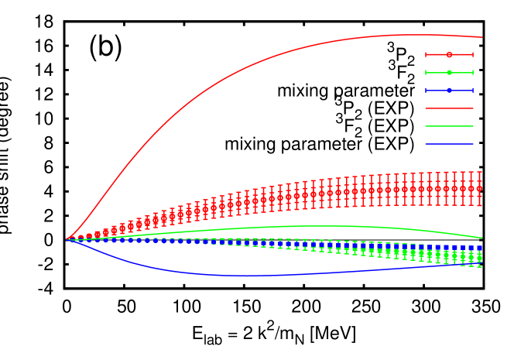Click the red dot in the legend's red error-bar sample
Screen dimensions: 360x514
click(449, 55)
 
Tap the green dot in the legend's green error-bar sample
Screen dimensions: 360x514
click(449, 73)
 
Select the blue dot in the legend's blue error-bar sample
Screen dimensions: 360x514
click(449, 91)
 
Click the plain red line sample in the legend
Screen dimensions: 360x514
click(449, 108)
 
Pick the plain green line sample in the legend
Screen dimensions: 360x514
click(449, 126)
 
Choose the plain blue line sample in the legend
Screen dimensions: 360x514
click(449, 144)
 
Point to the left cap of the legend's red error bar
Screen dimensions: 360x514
click(426, 55)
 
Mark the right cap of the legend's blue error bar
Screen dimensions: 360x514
click(472, 91)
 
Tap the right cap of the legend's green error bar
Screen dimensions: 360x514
click(472, 73)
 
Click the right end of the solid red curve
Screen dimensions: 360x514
click(482, 37)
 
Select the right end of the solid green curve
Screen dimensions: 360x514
click(482, 238)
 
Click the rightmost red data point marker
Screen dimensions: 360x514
click(479, 188)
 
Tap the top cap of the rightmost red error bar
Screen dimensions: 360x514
click(479, 172)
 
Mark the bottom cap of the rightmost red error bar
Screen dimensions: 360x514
click(479, 205)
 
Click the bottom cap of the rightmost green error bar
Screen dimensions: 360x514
click(479, 267)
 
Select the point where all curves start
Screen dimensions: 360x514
click(67, 240)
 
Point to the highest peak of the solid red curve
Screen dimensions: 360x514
click(410, 35)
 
